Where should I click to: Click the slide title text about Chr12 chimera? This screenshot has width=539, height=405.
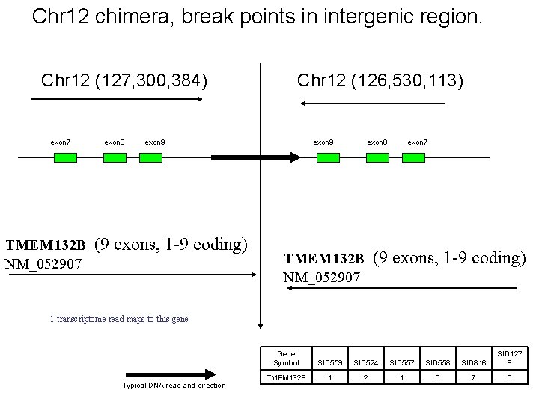click(x=258, y=17)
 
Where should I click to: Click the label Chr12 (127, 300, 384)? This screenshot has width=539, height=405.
click(x=125, y=79)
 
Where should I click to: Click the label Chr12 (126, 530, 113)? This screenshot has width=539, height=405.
click(x=380, y=79)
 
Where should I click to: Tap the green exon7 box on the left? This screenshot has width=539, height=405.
click(x=65, y=157)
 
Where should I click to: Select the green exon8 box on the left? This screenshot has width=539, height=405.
click(x=115, y=157)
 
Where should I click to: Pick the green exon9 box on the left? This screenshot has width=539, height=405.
click(x=151, y=157)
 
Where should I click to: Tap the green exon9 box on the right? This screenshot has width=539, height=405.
click(x=328, y=157)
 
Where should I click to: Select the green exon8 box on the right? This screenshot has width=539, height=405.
click(x=377, y=157)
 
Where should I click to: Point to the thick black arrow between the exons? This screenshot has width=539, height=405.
click(x=255, y=157)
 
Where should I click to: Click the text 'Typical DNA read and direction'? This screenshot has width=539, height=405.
click(x=173, y=385)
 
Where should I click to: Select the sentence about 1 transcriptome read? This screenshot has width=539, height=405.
click(x=119, y=319)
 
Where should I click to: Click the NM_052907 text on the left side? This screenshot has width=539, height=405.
click(x=43, y=263)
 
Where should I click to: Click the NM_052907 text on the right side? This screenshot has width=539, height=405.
click(x=322, y=277)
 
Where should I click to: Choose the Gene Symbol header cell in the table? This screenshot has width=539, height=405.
click(x=285, y=358)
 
